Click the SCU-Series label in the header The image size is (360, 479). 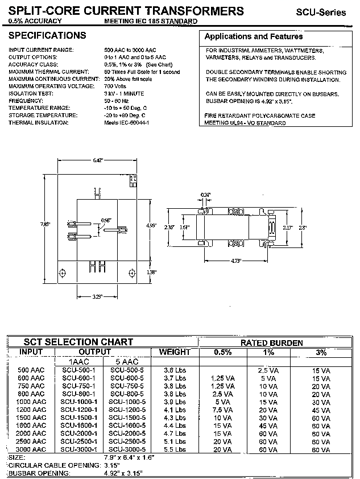pos(320,12)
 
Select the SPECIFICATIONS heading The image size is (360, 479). pos(47,36)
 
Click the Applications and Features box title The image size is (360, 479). pos(253,36)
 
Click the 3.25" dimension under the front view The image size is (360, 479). pos(97,297)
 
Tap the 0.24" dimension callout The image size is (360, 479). pos(205,195)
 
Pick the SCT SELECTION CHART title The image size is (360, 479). pos(77,342)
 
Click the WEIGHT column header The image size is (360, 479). pos(175,352)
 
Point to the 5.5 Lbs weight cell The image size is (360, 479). pos(175,449)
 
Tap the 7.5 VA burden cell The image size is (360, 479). pos(223,409)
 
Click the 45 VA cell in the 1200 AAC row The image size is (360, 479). pos(321,409)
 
